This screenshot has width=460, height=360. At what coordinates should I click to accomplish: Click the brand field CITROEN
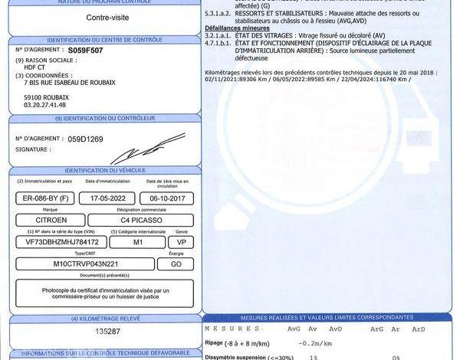click(57, 220)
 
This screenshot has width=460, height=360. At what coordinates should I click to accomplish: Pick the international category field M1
click(139, 241)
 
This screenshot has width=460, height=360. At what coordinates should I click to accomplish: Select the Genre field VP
click(182, 241)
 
